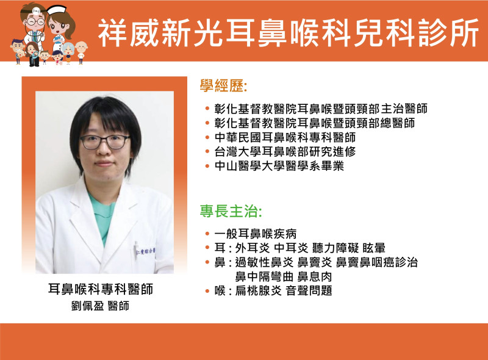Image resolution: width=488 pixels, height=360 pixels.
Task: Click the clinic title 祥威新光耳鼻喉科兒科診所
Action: point(288,33)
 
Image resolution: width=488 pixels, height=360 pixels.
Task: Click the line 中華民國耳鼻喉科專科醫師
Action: point(285,137)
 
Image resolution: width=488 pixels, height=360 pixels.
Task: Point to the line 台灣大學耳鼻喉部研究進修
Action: point(285,152)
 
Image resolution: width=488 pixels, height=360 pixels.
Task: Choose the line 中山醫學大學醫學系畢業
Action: point(279,166)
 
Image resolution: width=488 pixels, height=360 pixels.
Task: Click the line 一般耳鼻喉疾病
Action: point(255,234)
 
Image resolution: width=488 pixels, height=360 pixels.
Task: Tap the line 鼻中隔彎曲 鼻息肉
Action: point(283,276)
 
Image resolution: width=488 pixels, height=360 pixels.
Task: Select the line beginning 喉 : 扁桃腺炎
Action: point(273,291)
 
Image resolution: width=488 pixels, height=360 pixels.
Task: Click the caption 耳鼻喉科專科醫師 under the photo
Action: point(101,289)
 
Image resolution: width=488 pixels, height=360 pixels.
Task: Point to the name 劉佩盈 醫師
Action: point(100,306)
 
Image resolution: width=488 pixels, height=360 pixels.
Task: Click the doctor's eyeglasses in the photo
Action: point(105,142)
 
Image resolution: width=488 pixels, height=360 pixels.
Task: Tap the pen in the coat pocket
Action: point(136,249)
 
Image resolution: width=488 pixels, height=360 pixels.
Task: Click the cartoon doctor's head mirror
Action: point(37,11)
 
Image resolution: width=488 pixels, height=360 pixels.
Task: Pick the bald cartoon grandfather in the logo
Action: point(81,52)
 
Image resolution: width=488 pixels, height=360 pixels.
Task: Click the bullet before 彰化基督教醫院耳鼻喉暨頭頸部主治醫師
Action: point(207,109)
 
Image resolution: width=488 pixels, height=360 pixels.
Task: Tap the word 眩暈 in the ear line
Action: point(374,248)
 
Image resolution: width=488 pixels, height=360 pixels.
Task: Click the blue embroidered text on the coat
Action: point(146,251)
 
